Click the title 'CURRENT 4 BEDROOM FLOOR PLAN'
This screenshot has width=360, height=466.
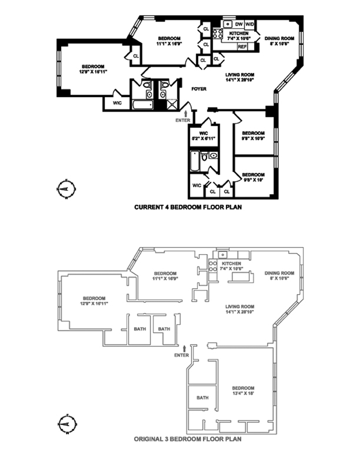pos(188,207)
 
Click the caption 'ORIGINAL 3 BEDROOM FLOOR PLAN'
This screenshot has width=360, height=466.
pos(187,438)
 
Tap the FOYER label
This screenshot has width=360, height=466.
pos(198,89)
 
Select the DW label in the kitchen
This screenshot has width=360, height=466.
pos(239,24)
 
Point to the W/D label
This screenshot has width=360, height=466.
pos(250,24)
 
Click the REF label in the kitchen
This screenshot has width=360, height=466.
pos(242,46)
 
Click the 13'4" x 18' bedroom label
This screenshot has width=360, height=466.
pos(242,391)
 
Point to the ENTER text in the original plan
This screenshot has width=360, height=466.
pos(181,355)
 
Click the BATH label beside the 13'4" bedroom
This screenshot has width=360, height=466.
pos(202,398)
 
